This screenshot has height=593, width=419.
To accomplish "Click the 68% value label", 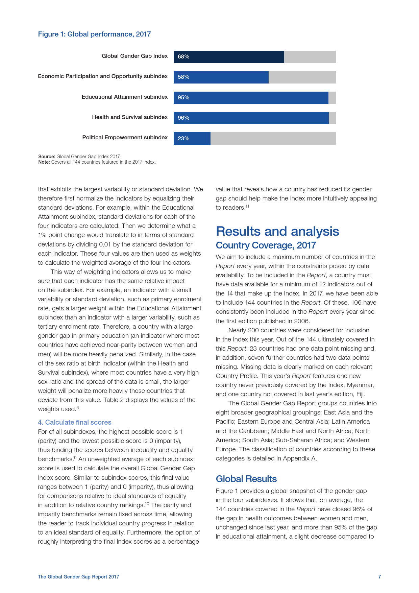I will (183, 57).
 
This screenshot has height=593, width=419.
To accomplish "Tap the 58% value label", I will (183, 77).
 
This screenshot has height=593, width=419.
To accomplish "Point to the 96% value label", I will (183, 118).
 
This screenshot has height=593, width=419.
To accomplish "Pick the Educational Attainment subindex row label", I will (125, 97).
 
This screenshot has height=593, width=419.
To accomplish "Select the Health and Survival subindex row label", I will (130, 117).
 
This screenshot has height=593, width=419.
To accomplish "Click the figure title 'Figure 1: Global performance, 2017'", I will (94, 34).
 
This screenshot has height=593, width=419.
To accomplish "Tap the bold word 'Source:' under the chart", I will (47, 157).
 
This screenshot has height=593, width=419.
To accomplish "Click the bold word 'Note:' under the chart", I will (44, 162).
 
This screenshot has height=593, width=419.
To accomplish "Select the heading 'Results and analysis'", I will (277, 232).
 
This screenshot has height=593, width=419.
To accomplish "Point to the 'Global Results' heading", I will (246, 479).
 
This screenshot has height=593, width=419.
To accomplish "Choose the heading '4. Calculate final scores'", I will (75, 422).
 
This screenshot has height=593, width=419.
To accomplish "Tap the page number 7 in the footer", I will (379, 577).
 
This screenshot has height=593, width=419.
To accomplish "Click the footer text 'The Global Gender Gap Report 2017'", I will (78, 577).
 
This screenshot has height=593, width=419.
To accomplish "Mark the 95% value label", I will (183, 98).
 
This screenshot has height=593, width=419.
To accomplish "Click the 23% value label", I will (183, 138).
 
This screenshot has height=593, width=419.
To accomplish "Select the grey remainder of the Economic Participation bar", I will (302, 77).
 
